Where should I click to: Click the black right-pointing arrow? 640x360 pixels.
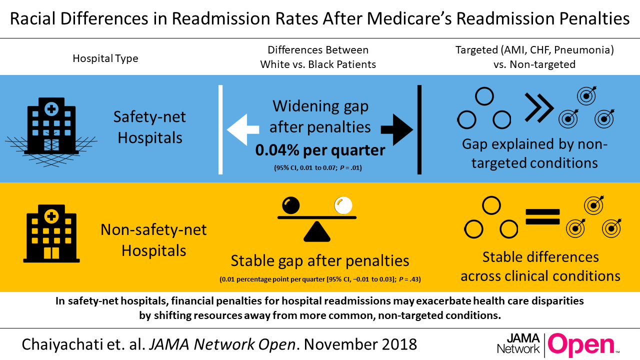tap(397, 130)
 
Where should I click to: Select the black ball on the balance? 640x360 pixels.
tap(291, 204)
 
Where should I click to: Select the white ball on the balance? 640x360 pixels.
tap(343, 205)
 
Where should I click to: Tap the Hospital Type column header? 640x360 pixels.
tap(105, 58)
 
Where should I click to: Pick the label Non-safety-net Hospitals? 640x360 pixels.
tap(153, 239)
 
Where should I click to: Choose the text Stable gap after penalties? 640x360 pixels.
tap(319, 260)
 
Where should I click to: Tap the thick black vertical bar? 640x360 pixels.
tap(419, 129)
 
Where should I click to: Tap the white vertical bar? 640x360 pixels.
tap(219, 129)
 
